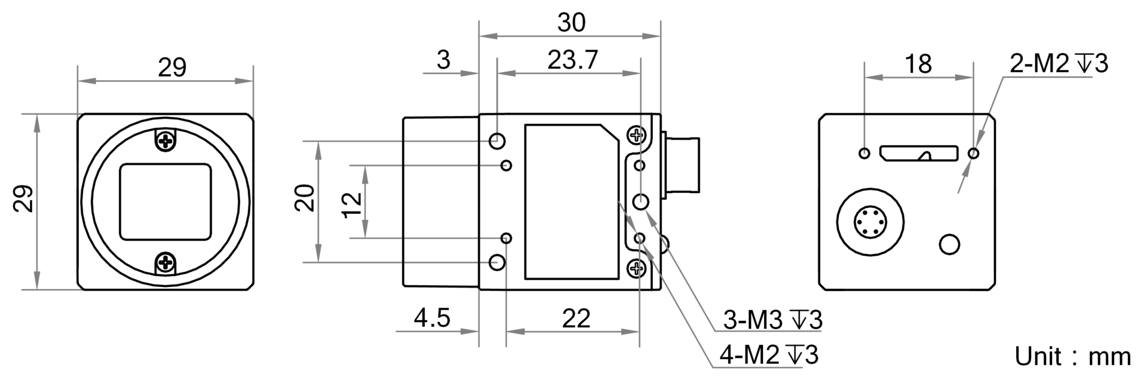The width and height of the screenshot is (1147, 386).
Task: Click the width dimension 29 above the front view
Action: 172,68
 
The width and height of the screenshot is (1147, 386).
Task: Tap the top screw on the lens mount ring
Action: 165,140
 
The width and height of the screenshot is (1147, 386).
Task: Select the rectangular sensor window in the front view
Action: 167,202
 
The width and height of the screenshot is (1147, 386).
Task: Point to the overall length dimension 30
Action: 572,23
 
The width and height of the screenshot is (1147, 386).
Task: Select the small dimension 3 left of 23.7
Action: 443,60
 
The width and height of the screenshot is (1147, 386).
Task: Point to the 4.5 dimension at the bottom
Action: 432,317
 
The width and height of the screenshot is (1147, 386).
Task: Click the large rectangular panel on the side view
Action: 572,201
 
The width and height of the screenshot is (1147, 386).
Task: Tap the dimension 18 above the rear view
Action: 918,63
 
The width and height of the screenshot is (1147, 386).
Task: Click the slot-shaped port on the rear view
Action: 919,154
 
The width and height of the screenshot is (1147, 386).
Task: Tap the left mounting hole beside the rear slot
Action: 864,154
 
